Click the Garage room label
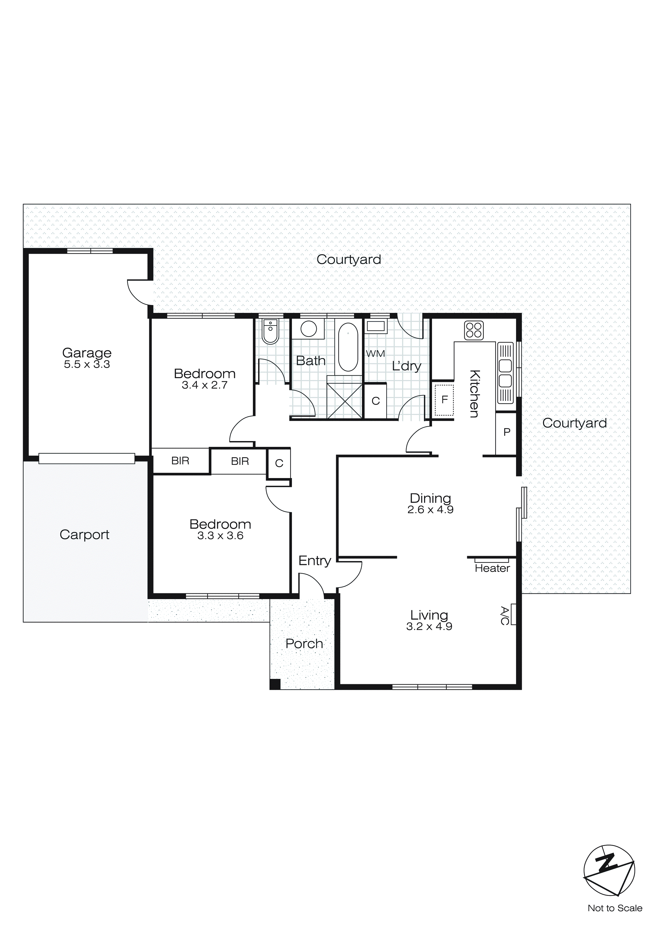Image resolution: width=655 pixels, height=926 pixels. (x=87, y=353)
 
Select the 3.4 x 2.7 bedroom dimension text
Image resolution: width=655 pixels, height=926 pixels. (x=205, y=385)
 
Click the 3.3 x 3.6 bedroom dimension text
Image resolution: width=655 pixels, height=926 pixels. (x=220, y=536)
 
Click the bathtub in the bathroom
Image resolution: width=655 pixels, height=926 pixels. (x=348, y=347)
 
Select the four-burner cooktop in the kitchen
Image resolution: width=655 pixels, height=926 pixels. (x=473, y=330)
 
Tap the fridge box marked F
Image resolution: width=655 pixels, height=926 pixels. (x=444, y=400)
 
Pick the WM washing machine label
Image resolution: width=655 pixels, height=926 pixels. (x=375, y=354)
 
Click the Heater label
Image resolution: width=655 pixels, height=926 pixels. (x=492, y=568)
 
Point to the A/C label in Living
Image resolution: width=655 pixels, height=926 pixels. (x=504, y=615)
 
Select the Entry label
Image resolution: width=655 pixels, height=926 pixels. (x=315, y=561)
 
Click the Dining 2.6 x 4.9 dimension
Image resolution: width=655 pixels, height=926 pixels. (x=430, y=510)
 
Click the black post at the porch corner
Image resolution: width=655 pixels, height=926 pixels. (x=275, y=684)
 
